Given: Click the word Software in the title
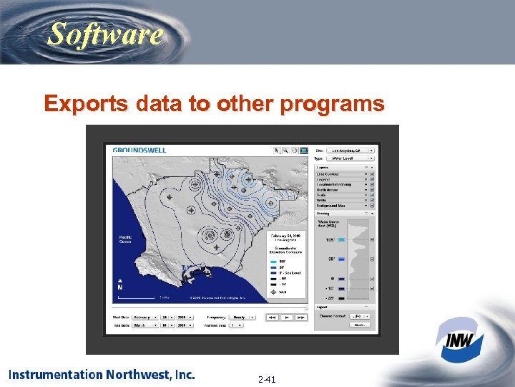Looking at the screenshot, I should click(x=105, y=34).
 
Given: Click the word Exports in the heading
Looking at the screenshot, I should click(x=79, y=104).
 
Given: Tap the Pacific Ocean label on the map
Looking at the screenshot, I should click(x=125, y=240).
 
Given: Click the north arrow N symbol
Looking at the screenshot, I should click(x=119, y=285).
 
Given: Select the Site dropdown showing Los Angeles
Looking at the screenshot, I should click(x=352, y=150).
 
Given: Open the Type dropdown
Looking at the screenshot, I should click(x=352, y=158).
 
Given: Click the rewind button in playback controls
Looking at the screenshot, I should click(x=273, y=316).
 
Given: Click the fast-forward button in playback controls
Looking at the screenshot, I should click(x=300, y=316).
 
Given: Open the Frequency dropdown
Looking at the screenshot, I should click(x=242, y=316).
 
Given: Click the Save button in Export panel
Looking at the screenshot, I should click(x=359, y=325).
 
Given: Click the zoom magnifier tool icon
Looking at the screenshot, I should click(x=285, y=150).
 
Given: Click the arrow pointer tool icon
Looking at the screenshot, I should click(x=277, y=150).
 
